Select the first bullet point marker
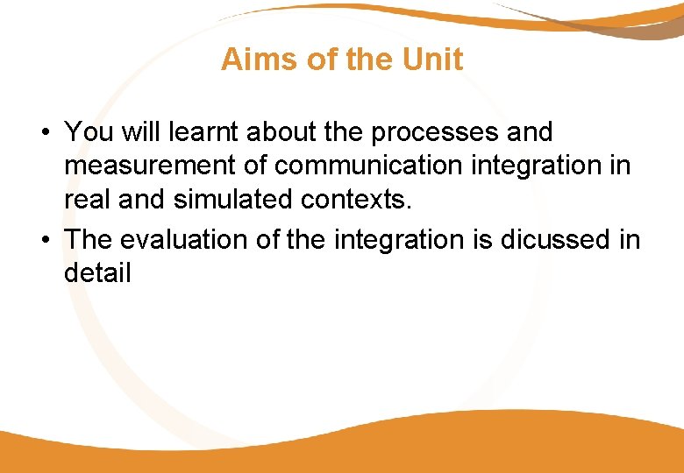[43, 133]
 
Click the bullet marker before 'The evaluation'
[43, 240]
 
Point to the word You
[85, 132]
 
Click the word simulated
[234, 200]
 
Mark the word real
[85, 200]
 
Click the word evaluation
[185, 239]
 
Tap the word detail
[97, 272]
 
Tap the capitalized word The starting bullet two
[89, 239]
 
